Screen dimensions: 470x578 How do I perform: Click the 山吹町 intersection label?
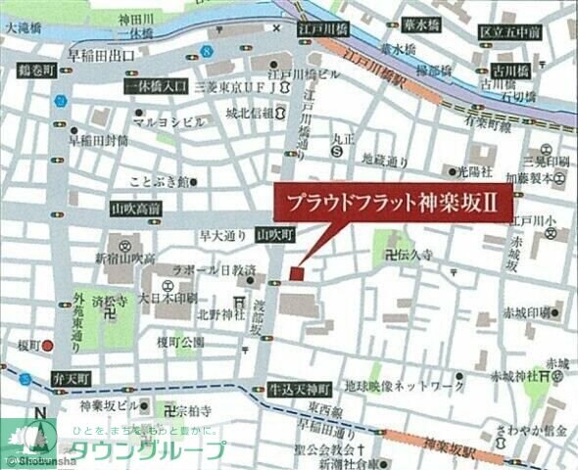(x=274, y=235)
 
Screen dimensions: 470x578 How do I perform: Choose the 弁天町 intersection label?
(x=72, y=378)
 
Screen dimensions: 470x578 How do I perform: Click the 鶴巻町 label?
(x=33, y=71)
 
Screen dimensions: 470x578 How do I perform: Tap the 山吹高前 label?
(x=136, y=210)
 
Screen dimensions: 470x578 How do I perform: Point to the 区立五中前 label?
(x=510, y=33)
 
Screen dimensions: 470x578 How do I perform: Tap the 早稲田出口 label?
(x=101, y=55)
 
